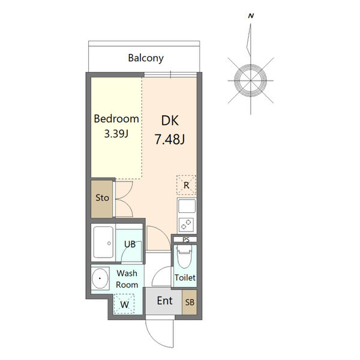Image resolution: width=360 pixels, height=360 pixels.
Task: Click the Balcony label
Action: [146, 58]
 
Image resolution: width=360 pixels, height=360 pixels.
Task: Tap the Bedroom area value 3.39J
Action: [116, 133]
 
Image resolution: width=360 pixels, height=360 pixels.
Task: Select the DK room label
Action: [170, 121]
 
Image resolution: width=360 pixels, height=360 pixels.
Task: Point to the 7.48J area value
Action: [170, 139]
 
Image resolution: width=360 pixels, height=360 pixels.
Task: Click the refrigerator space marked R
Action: [186, 185]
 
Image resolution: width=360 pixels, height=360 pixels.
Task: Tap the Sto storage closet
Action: [102, 199]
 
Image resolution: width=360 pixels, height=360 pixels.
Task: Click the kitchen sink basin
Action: [187, 206]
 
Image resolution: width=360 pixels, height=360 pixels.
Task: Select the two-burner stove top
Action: [186, 224]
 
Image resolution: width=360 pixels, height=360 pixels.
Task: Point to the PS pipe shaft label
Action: [186, 239]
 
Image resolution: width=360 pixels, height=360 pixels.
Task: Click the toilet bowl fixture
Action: [185, 256]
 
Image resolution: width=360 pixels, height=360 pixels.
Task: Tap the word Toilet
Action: [185, 278]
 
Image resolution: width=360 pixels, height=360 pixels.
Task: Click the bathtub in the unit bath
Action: [103, 242]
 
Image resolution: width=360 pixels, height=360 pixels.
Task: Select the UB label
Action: [130, 244]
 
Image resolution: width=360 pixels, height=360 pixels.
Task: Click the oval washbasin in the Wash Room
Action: [100, 278]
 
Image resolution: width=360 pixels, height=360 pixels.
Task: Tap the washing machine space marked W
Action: [124, 304]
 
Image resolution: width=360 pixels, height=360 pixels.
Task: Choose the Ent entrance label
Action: [164, 301]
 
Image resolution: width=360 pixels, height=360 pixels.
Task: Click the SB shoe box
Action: [190, 302]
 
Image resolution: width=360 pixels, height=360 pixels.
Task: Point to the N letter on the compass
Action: [251, 16]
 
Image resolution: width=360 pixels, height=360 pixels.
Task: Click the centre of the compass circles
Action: [250, 80]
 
